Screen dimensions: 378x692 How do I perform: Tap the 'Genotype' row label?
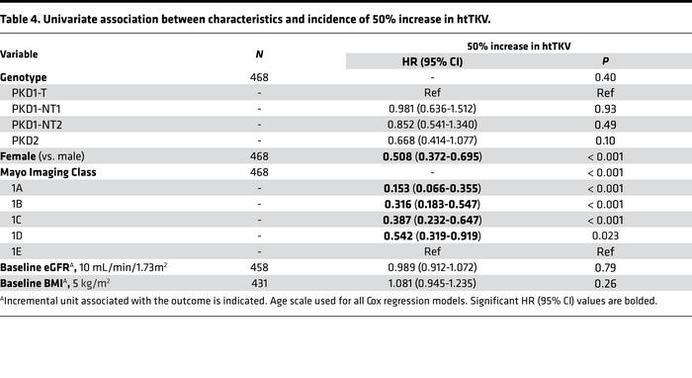pyautogui.click(x=24, y=77)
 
